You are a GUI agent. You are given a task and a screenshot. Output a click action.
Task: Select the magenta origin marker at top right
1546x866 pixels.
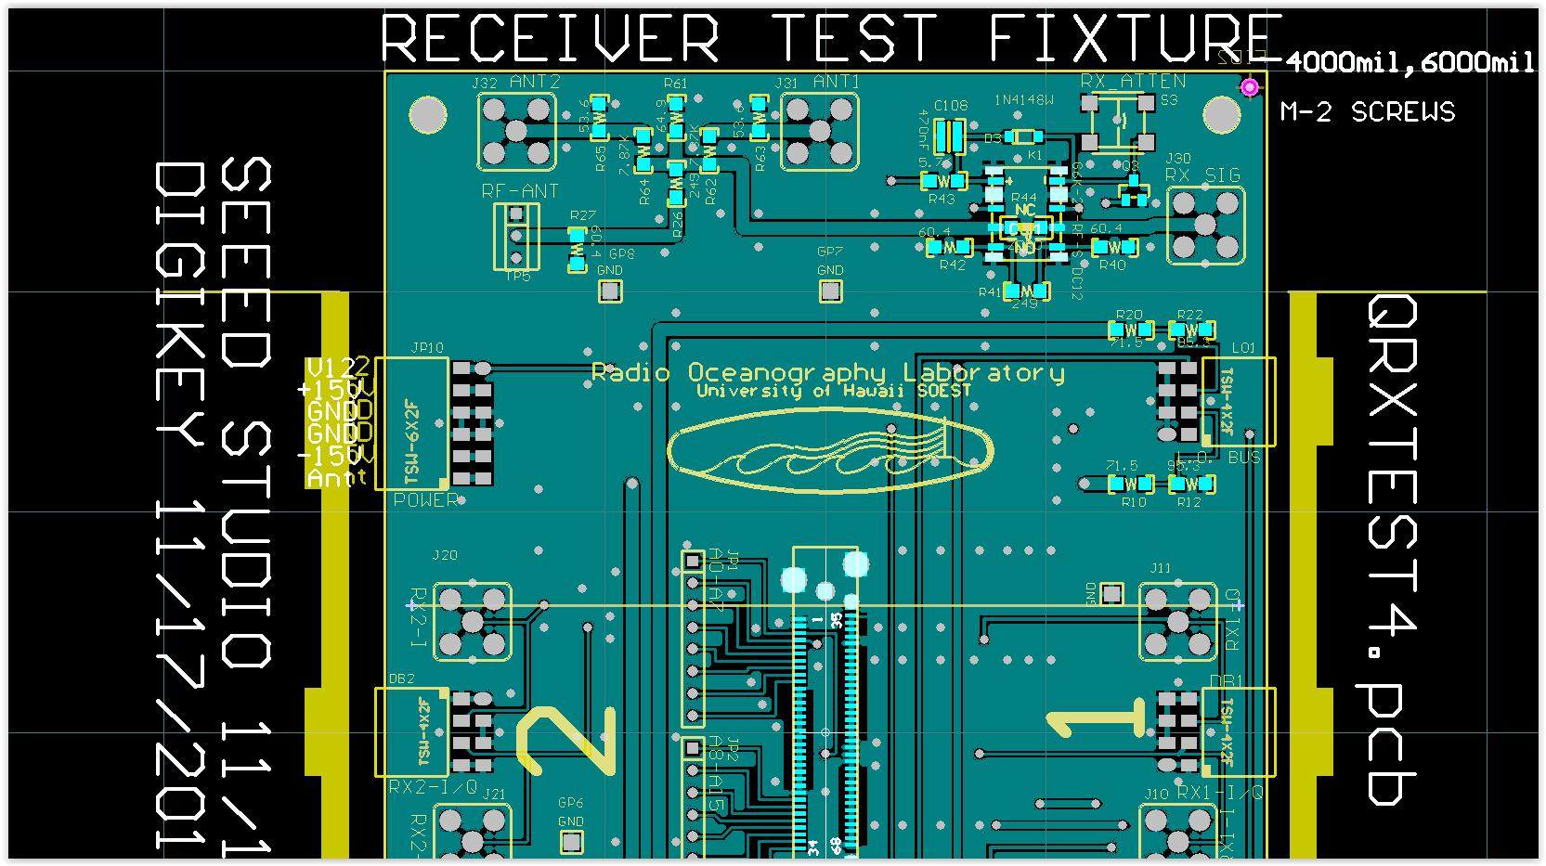[x=1250, y=87]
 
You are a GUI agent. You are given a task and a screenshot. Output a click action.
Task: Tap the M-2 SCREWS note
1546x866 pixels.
[x=1367, y=112]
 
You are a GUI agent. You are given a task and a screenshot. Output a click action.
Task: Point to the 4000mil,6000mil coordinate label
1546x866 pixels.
[x=1410, y=62]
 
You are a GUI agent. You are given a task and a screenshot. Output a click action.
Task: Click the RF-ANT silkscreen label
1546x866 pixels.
[x=520, y=191]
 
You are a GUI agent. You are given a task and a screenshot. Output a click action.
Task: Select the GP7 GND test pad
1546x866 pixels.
[x=830, y=291]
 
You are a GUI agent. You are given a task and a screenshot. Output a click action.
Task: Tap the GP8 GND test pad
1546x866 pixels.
[x=609, y=291]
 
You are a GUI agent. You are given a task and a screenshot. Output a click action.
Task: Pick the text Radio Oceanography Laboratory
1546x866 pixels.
[x=827, y=373]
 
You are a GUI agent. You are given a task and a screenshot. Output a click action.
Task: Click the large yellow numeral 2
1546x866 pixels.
[x=565, y=740]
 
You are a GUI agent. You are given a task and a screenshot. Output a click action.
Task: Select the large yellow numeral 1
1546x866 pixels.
[x=1097, y=721]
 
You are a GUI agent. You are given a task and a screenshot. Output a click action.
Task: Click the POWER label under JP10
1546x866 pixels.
[x=426, y=500]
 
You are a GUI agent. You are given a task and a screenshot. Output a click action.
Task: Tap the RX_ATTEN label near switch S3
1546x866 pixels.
[x=1133, y=82]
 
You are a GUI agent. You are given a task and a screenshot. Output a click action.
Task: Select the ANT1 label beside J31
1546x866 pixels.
[x=836, y=82]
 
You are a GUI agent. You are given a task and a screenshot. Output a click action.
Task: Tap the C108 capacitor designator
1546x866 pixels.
[x=951, y=105]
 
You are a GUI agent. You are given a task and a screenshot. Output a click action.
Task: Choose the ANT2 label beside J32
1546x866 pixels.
[x=535, y=82]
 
